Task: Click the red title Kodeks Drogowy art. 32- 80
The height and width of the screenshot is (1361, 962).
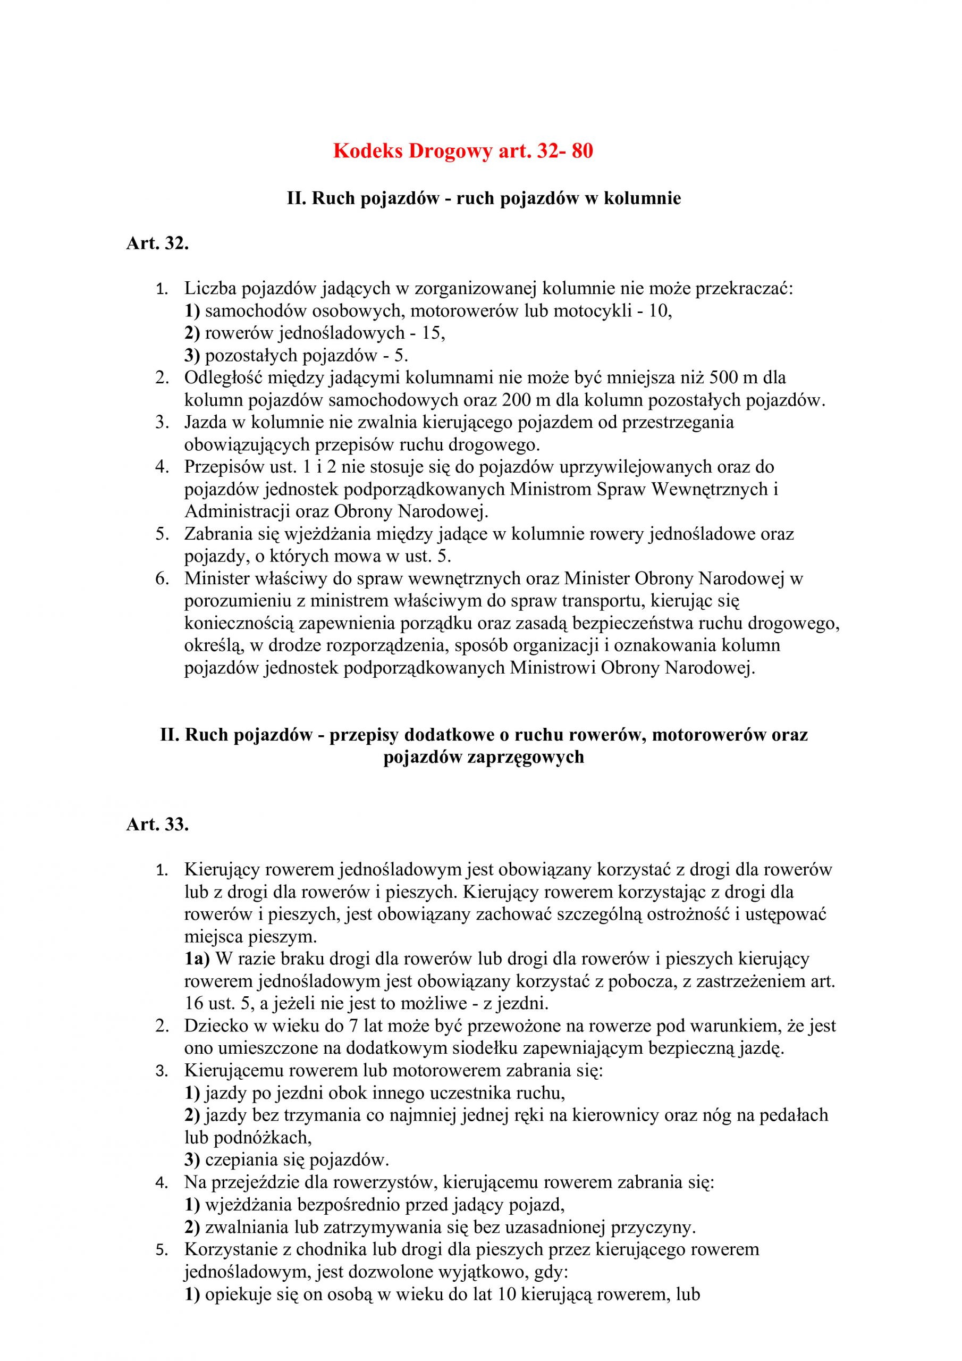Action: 463,152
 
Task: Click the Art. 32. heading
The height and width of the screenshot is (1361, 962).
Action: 157,243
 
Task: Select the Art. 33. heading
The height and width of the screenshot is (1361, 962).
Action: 157,825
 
